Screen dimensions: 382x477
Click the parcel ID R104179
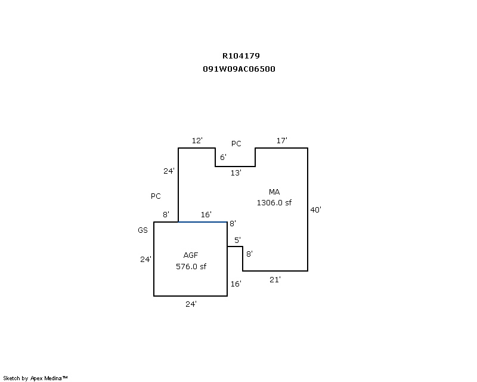tap(241, 56)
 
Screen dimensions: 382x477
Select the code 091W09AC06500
tap(239, 69)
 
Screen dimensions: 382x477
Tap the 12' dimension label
tap(197, 140)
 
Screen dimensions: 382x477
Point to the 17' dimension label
tap(282, 140)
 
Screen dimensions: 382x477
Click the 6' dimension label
tap(223, 158)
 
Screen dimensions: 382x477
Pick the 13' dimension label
tap(236, 173)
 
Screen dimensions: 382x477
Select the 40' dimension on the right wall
tap(316, 210)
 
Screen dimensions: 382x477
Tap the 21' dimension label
tap(275, 279)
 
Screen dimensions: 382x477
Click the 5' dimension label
tap(237, 240)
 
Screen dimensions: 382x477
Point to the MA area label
tap(274, 192)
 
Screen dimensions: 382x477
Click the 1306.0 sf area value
tap(274, 202)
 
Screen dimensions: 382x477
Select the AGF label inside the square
tap(191, 255)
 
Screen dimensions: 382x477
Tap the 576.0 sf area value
tap(191, 266)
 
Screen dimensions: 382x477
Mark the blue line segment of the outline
tap(203, 222)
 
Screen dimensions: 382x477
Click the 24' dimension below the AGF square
tap(191, 304)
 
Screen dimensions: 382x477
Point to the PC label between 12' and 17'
tap(236, 144)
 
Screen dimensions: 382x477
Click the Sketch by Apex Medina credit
tap(35, 378)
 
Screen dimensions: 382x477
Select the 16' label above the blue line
tap(206, 214)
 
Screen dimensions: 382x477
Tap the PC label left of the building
tap(156, 196)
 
